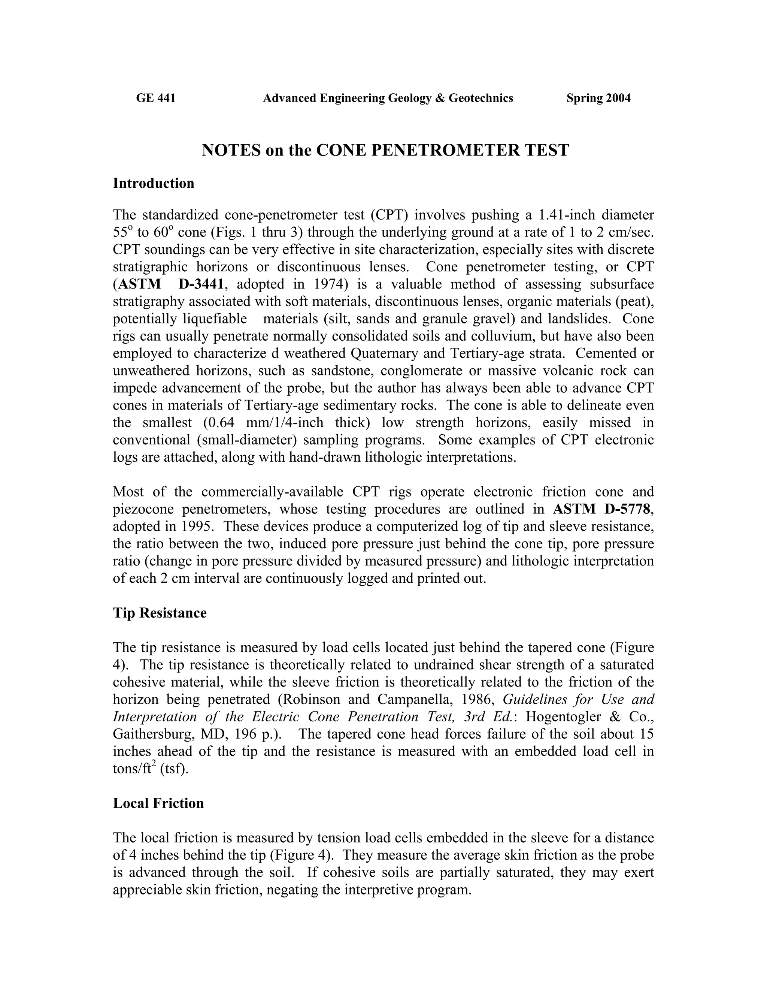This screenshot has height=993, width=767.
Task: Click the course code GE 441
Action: [x=155, y=98]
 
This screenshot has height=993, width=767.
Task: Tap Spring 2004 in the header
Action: [x=598, y=98]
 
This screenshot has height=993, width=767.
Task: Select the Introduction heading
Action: [x=153, y=183]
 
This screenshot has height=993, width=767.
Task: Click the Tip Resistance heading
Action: [x=160, y=613]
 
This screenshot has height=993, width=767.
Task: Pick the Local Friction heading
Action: [x=158, y=803]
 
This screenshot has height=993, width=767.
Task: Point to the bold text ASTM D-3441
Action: [x=170, y=284]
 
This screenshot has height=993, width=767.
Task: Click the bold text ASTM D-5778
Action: [x=603, y=509]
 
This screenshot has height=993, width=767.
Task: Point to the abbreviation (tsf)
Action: [x=175, y=769]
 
